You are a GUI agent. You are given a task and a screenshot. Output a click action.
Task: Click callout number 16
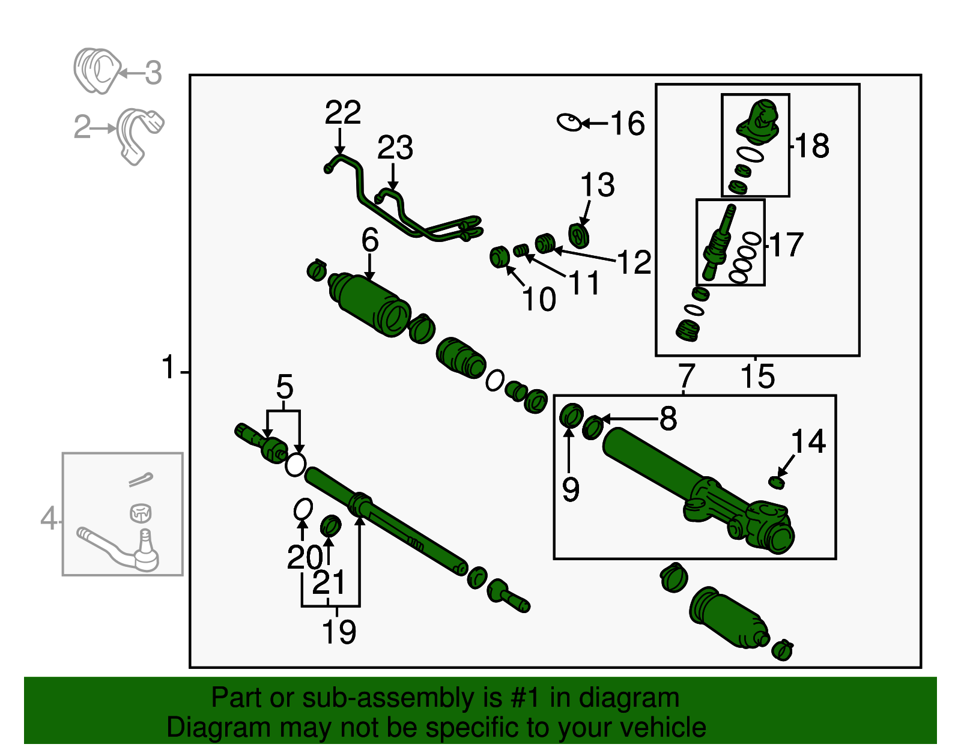tap(627, 124)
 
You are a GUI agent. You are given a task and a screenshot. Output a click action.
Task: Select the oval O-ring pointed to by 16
tap(569, 122)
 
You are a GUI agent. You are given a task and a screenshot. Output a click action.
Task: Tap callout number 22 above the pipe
tap(342, 112)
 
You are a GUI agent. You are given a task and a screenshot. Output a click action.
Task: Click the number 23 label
tap(395, 148)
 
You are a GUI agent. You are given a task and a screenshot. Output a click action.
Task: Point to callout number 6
tap(369, 240)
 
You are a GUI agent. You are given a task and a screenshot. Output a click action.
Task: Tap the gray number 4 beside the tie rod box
tap(49, 518)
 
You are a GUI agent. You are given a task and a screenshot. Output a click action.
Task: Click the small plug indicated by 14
tap(777, 482)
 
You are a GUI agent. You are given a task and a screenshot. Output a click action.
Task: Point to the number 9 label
tap(571, 489)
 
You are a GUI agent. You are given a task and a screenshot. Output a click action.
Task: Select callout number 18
tap(812, 146)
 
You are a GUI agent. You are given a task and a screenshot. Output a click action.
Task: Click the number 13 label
tap(597, 185)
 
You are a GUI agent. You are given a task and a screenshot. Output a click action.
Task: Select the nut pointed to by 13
tap(578, 235)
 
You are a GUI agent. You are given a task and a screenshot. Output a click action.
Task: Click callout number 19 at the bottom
tap(339, 632)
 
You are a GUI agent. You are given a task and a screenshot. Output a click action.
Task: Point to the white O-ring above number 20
tap(303, 509)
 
